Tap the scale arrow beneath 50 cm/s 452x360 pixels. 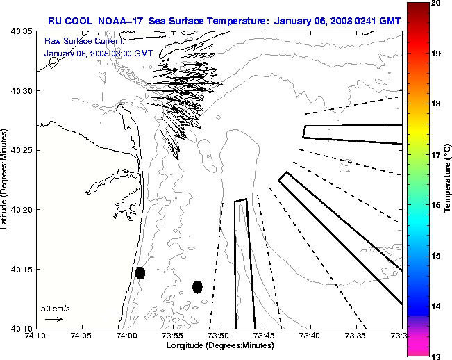coord(53,319)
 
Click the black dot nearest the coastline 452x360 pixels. coord(140,272)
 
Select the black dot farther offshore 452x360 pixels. coord(197,286)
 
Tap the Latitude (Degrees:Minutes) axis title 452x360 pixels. coord(6,179)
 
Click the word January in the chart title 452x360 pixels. coord(294,21)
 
